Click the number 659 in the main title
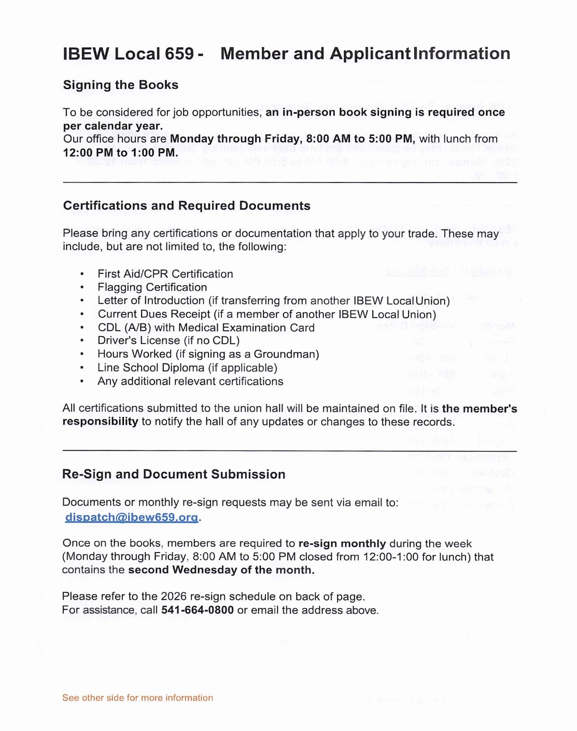[x=179, y=54]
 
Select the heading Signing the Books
[x=120, y=85]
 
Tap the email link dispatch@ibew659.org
[x=132, y=517]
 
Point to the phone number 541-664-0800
[x=198, y=610]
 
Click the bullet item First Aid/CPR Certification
[x=165, y=274]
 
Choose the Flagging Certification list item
[x=152, y=287]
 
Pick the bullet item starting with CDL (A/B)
[x=206, y=328]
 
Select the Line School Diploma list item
[x=187, y=368]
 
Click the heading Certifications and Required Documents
[x=187, y=206]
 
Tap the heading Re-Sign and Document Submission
[x=174, y=474]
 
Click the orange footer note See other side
[x=137, y=698]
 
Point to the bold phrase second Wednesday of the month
[x=221, y=570]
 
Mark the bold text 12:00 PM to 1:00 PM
[x=120, y=153]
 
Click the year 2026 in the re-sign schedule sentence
[x=174, y=597]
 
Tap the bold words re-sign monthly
[x=342, y=544]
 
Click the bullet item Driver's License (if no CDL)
[x=168, y=341]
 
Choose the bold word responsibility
[x=100, y=422]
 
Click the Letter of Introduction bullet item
[x=273, y=301]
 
